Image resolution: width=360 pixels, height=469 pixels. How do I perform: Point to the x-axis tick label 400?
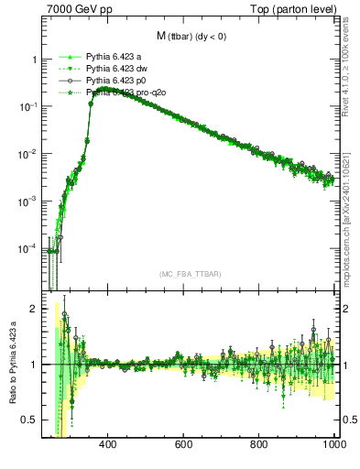[106, 445]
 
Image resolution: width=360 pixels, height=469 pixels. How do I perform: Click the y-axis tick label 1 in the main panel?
[34, 60]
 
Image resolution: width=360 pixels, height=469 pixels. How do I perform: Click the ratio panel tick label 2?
[34, 309]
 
